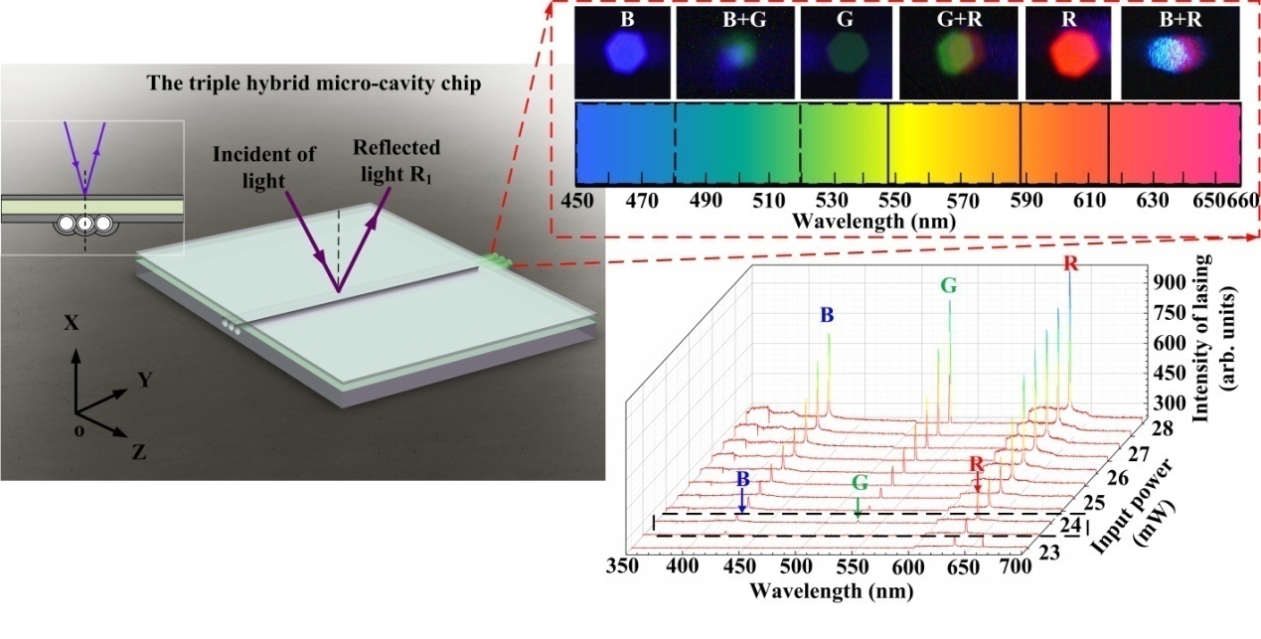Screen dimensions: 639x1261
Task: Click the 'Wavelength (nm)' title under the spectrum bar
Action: click(873, 221)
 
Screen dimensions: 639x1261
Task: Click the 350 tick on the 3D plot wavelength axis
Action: click(625, 567)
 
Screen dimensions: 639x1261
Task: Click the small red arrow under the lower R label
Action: click(978, 484)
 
